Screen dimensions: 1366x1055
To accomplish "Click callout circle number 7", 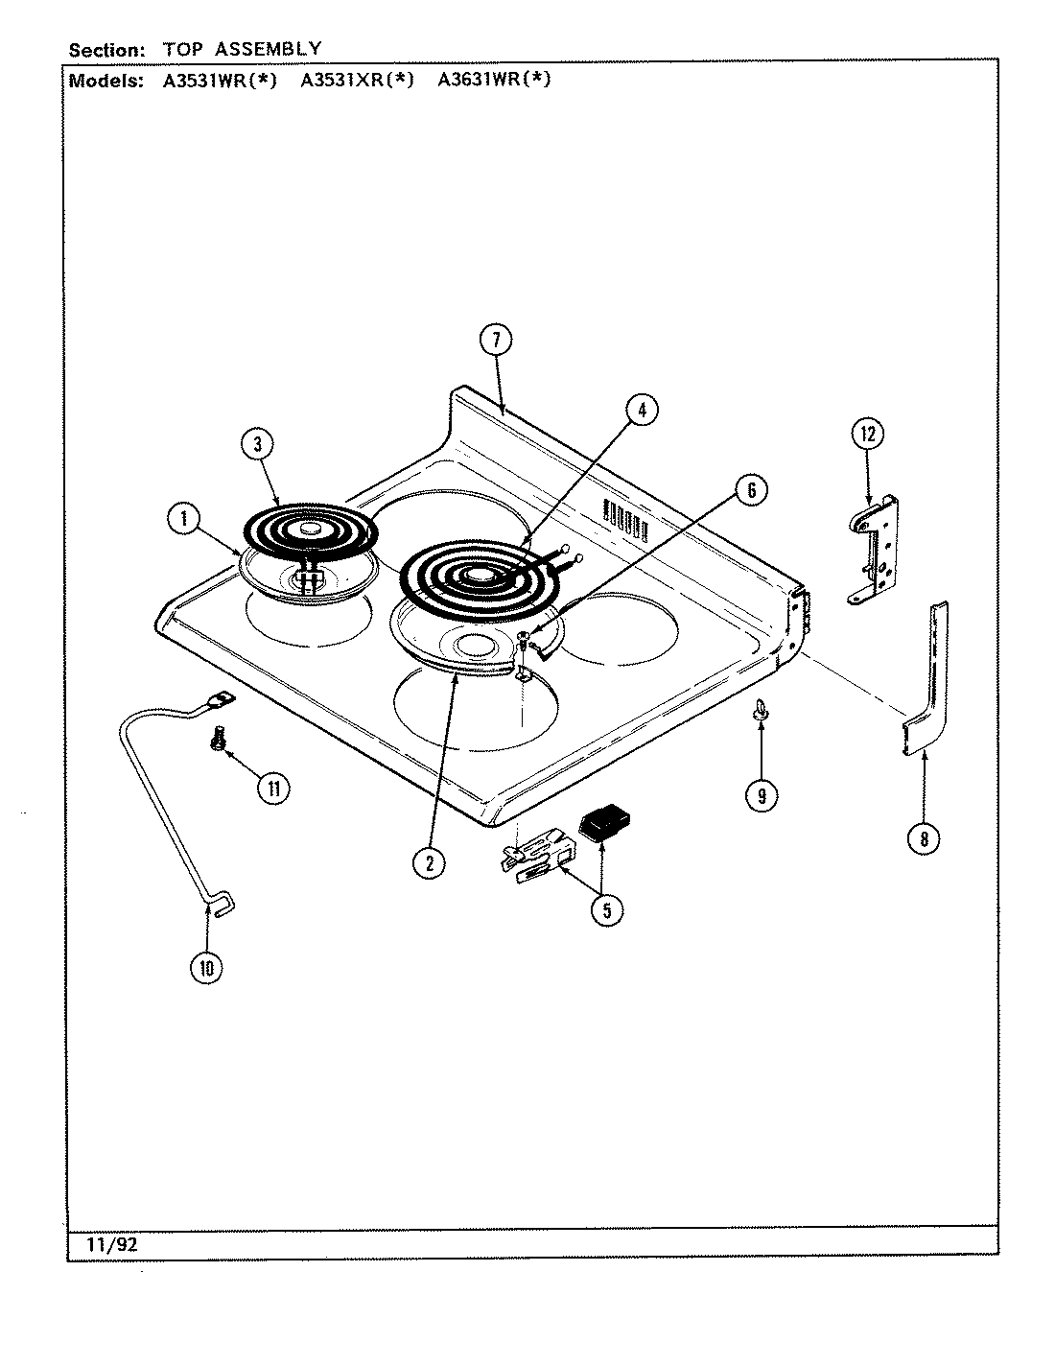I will pyautogui.click(x=495, y=340).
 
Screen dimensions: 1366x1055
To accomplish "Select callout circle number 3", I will pyautogui.click(x=258, y=443).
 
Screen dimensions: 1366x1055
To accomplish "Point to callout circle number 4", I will pyautogui.click(x=642, y=410).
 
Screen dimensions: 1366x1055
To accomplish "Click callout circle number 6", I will pyautogui.click(x=751, y=490).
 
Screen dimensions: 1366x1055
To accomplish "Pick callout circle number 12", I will pyautogui.click(x=867, y=434).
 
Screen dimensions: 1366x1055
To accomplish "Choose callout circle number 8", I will pyautogui.click(x=923, y=838).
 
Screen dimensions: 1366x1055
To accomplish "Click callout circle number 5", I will pyautogui.click(x=606, y=908).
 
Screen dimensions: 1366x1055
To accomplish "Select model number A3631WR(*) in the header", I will pyautogui.click(x=494, y=81).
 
